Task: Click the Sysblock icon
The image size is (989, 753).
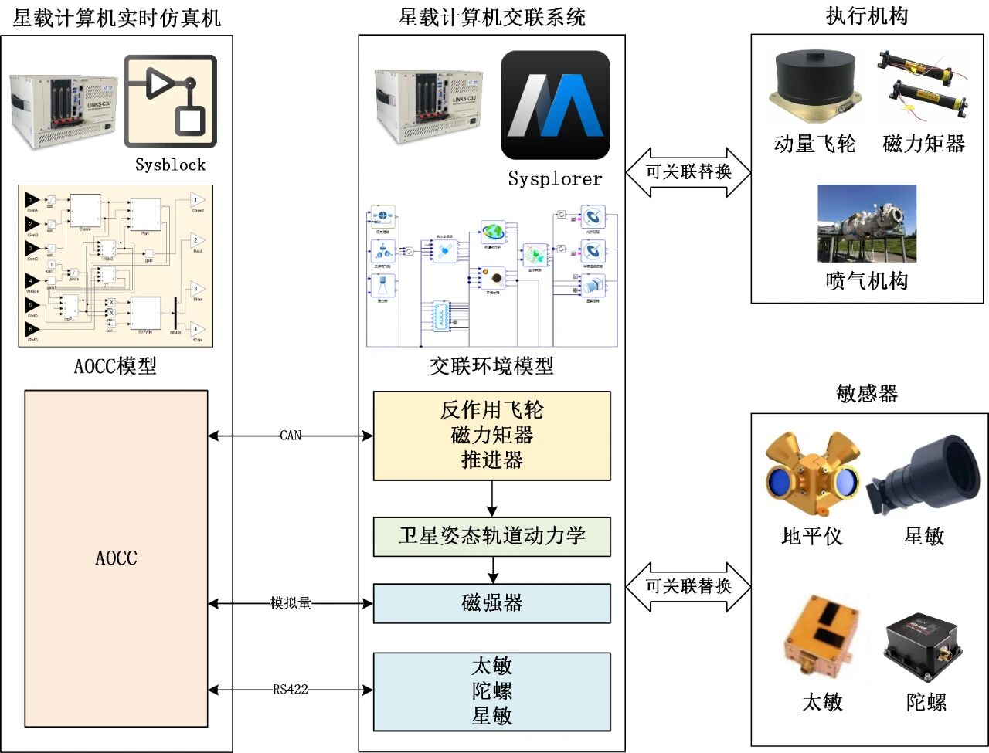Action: click(x=170, y=100)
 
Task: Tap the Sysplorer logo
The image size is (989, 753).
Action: click(x=555, y=105)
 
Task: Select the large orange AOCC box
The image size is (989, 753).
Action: click(x=116, y=558)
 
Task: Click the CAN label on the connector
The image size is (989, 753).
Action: click(x=291, y=436)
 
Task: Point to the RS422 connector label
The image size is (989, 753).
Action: click(x=291, y=690)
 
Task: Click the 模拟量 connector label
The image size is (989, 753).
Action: click(x=291, y=602)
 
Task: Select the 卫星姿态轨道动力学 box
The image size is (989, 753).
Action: click(x=491, y=536)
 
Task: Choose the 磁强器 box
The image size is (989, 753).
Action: click(x=491, y=603)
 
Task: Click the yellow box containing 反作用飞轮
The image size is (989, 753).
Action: click(x=491, y=436)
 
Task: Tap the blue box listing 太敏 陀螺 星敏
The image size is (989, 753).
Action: click(x=491, y=691)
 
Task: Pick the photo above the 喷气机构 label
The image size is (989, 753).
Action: click(x=867, y=224)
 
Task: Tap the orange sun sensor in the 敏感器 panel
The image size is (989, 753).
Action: click(x=821, y=639)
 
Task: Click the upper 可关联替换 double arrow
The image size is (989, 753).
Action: click(x=688, y=172)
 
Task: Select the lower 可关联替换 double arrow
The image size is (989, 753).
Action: click(x=688, y=587)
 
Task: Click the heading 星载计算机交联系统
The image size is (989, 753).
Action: click(x=491, y=17)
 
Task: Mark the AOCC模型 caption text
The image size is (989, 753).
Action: click(x=115, y=366)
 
